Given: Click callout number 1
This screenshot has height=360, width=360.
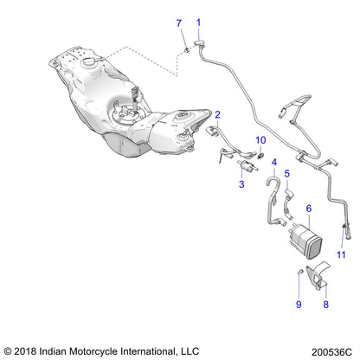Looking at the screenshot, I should pos(198,22).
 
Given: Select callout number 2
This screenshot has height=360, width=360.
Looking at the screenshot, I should pos(218,113).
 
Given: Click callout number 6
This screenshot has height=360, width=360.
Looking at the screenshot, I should pos(309,209).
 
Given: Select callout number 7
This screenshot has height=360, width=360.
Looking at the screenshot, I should pos(179,22).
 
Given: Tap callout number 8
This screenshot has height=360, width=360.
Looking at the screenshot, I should pos(326,305).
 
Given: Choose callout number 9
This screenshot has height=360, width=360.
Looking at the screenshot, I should pos(298,305).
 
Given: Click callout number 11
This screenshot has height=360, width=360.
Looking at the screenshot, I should pos(341,254).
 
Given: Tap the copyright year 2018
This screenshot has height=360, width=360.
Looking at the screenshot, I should pos(28,350).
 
